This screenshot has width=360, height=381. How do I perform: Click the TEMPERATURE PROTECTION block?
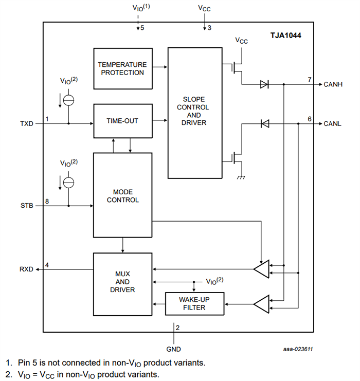pyautogui.click(x=122, y=68)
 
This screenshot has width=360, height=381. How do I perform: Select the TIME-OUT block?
pyautogui.click(x=122, y=121)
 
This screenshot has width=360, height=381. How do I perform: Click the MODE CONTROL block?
pyautogui.click(x=122, y=195)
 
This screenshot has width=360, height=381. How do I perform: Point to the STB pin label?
pyautogui.click(x=26, y=206)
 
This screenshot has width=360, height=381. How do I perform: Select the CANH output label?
pyautogui.click(x=334, y=84)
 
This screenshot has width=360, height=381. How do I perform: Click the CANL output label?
pyautogui.click(x=333, y=124)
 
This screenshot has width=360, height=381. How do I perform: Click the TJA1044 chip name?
pyautogui.click(x=286, y=36)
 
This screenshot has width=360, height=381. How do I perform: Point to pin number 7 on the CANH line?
pyautogui.click(x=310, y=80)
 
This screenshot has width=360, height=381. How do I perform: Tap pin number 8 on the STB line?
pyautogui.click(x=47, y=201)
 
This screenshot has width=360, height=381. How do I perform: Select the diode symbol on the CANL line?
pyautogui.click(x=265, y=124)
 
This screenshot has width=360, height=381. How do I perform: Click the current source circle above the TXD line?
pyautogui.click(x=68, y=100)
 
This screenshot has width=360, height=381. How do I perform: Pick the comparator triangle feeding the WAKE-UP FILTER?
pyautogui.click(x=262, y=303)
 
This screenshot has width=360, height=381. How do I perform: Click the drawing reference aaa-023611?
pyautogui.click(x=298, y=349)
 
